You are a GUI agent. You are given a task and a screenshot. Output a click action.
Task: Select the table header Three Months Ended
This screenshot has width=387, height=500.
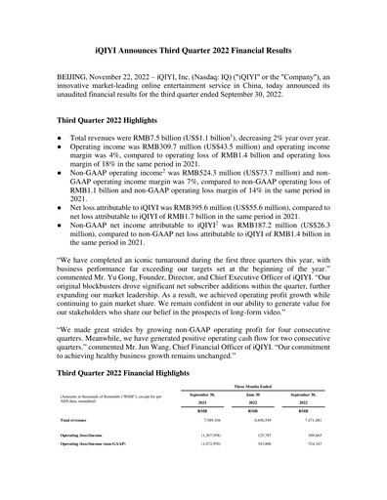pyautogui.click(x=259, y=388)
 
